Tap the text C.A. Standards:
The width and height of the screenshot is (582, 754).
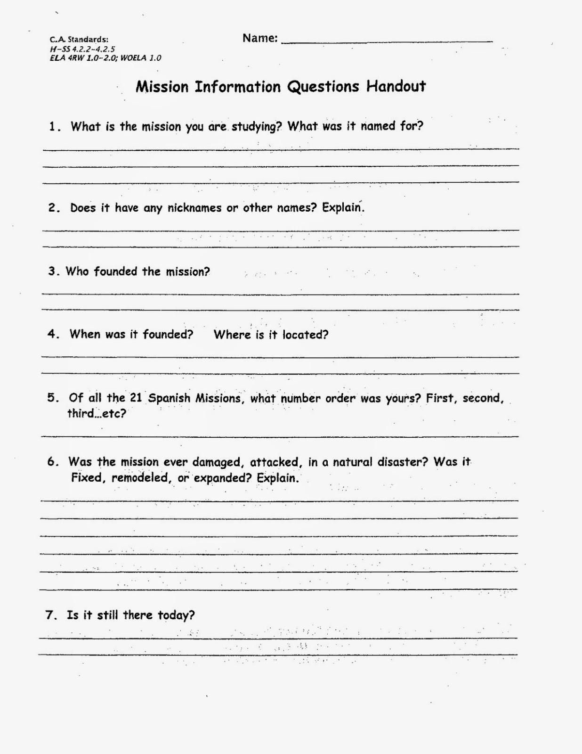click(79, 40)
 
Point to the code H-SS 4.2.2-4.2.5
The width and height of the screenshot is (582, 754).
click(82, 49)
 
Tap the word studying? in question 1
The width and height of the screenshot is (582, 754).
click(256, 127)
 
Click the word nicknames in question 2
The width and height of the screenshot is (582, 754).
click(194, 208)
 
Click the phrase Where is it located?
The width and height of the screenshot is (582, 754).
click(271, 335)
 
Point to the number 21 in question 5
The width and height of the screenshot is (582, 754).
click(136, 398)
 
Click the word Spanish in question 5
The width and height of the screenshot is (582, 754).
click(169, 399)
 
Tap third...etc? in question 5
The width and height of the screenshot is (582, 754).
click(97, 414)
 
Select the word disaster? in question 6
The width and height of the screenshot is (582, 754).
click(403, 462)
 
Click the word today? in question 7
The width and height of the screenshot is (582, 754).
click(176, 615)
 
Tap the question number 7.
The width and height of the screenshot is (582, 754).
click(50, 615)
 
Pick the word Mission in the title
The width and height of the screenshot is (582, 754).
click(162, 87)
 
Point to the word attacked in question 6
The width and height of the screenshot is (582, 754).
click(276, 463)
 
